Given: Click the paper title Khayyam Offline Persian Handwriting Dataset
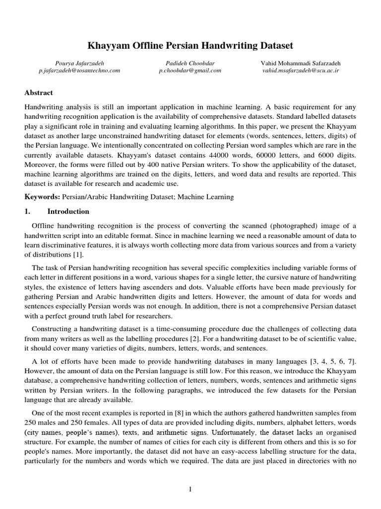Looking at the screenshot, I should pyautogui.click(x=190, y=46).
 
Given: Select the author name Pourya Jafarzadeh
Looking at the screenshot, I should pyautogui.click(x=79, y=63).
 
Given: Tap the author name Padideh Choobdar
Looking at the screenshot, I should pyautogui.click(x=190, y=63).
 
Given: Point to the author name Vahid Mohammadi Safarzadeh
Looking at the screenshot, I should pyautogui.click(x=301, y=63).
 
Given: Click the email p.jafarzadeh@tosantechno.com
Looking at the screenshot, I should pyautogui.click(x=79, y=71).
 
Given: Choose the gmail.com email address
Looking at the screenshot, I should pyautogui.click(x=190, y=71).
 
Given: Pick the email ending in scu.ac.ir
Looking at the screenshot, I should pyautogui.click(x=301, y=71).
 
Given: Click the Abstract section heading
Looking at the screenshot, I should pyautogui.click(x=39, y=92).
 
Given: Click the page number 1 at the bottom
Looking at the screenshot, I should pyautogui.click(x=190, y=490).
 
